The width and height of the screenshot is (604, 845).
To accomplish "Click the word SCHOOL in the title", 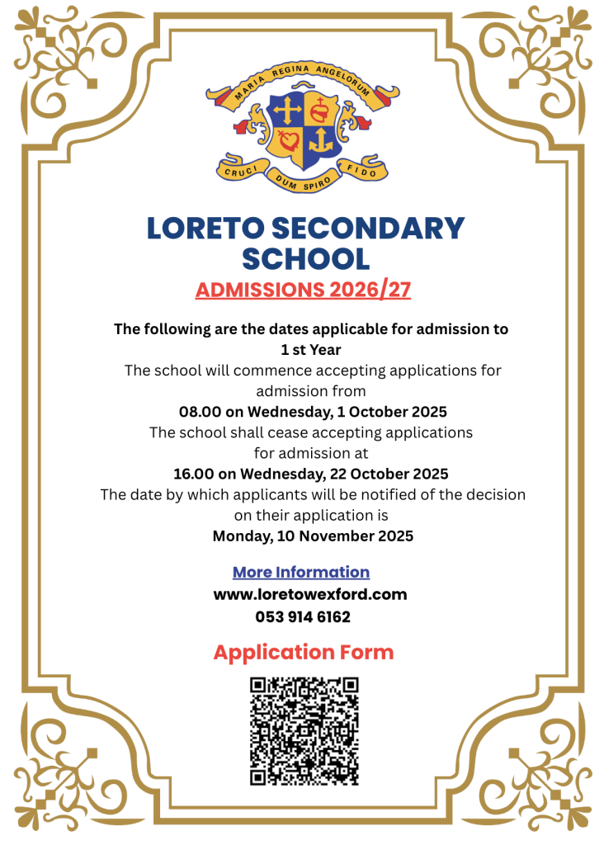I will click(x=304, y=258).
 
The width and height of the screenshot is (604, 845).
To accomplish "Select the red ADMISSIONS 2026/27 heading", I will click(x=303, y=290).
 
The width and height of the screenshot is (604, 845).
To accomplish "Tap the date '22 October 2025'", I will click(x=393, y=474).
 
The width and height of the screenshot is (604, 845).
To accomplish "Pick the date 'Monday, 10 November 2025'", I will click(x=313, y=536).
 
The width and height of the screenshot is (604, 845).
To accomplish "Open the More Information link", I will click(x=300, y=572).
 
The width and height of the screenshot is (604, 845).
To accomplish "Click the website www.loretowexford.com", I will click(x=310, y=594).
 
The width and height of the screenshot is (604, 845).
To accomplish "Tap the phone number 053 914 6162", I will click(x=303, y=616).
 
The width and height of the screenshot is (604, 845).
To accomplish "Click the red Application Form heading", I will click(x=303, y=652).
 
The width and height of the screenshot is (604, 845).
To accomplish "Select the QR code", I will click(x=304, y=731).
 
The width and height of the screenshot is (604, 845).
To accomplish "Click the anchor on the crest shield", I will click(x=323, y=141).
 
